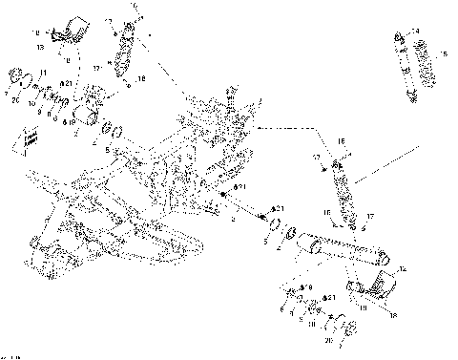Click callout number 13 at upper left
[x=40, y=45]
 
